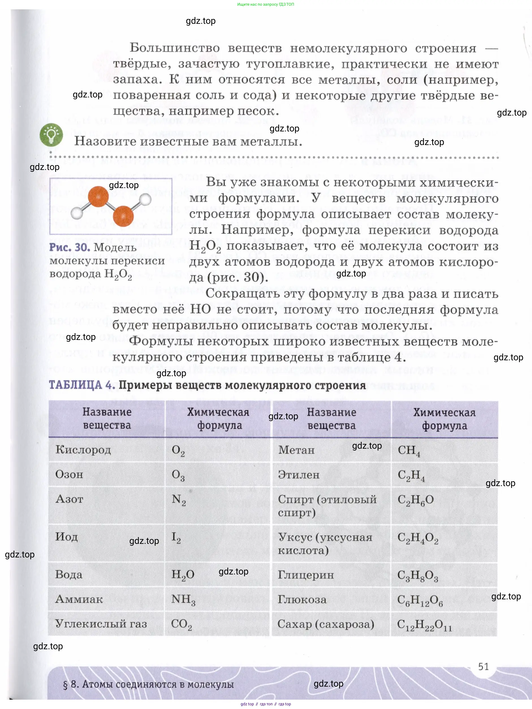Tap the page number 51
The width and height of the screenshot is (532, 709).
coord(483,667)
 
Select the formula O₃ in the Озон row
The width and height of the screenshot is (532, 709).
coord(178,475)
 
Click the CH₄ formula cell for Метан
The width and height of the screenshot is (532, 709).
coord(408,450)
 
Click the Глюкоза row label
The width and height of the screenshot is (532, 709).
coord(302,599)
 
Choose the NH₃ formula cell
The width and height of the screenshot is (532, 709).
coord(183,599)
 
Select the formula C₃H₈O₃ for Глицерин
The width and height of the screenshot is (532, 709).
coord(417,575)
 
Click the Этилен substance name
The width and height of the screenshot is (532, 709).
coord(299,474)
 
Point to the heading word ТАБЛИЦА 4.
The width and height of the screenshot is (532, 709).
coord(82,385)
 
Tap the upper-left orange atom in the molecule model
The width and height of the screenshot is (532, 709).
coord(98,196)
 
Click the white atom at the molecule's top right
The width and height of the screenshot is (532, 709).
coord(145,199)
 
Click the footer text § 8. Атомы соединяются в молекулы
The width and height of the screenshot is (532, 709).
coord(148,684)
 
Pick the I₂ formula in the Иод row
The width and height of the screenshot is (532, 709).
coord(176,537)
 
